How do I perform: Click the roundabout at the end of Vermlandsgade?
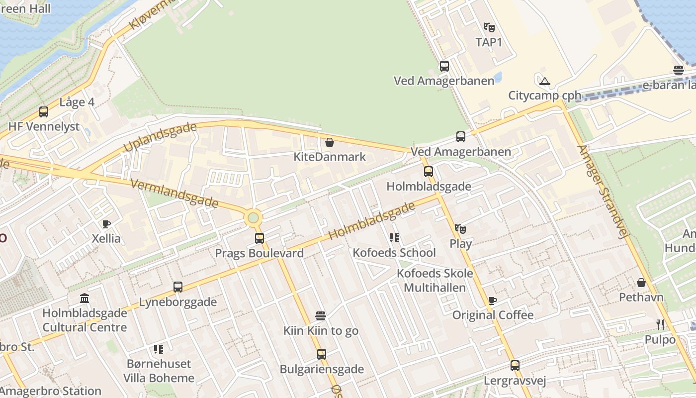(x=253, y=218)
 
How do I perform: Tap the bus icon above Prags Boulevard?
(x=260, y=238)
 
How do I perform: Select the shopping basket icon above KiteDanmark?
(x=329, y=143)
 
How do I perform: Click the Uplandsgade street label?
(x=160, y=138)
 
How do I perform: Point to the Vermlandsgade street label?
(x=174, y=194)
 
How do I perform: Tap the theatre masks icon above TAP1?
(x=489, y=27)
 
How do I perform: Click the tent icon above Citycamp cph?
(x=545, y=81)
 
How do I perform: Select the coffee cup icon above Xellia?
(x=106, y=224)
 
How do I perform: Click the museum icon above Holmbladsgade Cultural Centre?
(x=85, y=298)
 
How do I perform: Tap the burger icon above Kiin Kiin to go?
(x=321, y=316)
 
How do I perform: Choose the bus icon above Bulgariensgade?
(x=322, y=354)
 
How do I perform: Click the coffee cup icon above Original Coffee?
(x=492, y=300)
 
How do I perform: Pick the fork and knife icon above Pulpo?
(x=660, y=325)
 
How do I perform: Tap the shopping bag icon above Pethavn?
(x=641, y=283)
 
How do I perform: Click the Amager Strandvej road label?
(x=601, y=192)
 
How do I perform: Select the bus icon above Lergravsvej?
(x=515, y=366)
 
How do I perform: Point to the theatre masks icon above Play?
(x=460, y=229)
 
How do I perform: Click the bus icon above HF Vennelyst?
(x=44, y=112)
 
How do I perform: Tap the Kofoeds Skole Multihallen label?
(x=435, y=280)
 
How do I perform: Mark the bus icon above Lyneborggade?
(x=178, y=287)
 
